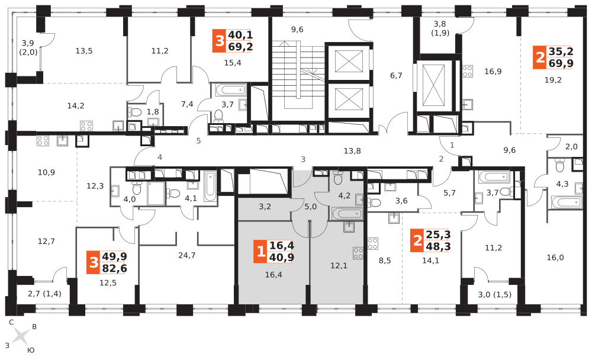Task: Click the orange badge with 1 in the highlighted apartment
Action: pyautogui.click(x=260, y=252)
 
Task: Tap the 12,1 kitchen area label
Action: pyautogui.click(x=339, y=265)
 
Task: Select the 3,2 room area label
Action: pyautogui.click(x=265, y=207)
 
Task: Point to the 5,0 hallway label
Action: pyautogui.click(x=311, y=207)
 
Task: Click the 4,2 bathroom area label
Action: pyautogui.click(x=345, y=195)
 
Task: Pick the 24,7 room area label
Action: pyautogui.click(x=187, y=255)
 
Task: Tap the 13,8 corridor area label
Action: pyautogui.click(x=352, y=151)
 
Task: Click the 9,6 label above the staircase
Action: pyautogui.click(x=297, y=30)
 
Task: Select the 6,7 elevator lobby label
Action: pyautogui.click(x=396, y=75)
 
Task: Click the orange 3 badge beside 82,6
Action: pyautogui.click(x=93, y=262)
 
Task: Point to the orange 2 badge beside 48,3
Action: pyautogui.click(x=417, y=241)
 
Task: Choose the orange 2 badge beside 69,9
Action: pyautogui.click(x=539, y=57)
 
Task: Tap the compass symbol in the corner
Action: pyautogui.click(x=21, y=336)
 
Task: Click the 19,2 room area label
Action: pyautogui.click(x=553, y=80)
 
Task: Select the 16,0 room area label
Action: pyautogui.click(x=555, y=258)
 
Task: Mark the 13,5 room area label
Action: pyautogui.click(x=83, y=51)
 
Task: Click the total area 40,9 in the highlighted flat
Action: pyautogui.click(x=282, y=257)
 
